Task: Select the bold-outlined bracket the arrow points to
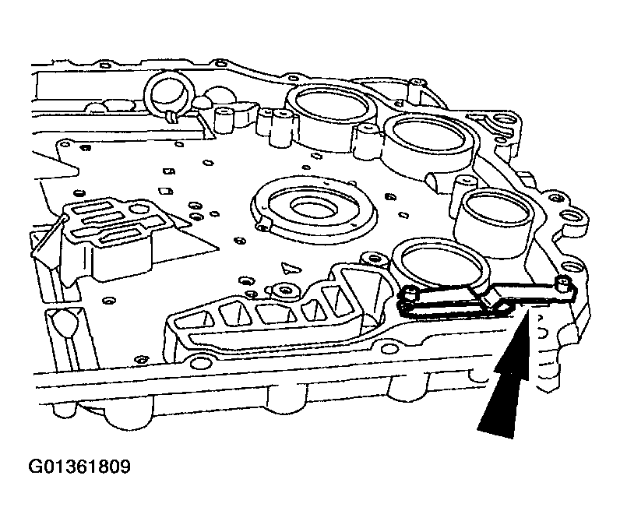(487, 300)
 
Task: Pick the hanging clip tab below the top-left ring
(169, 116)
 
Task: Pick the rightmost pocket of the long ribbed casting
(336, 296)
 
